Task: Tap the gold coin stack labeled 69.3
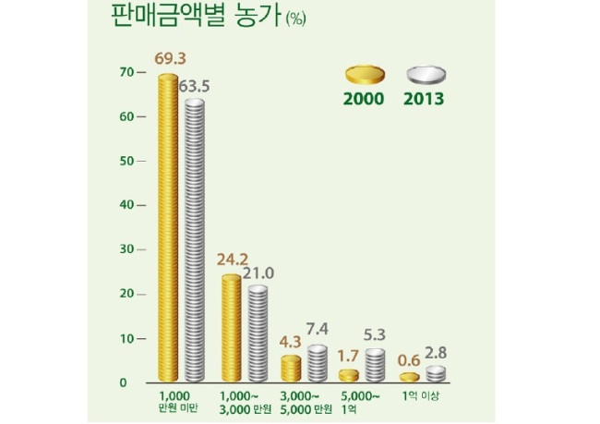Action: [x=168, y=227]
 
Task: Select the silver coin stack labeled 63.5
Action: [x=195, y=240]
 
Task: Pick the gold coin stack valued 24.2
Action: [x=232, y=328]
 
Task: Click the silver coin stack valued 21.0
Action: [x=258, y=333]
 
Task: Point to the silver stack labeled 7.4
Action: [x=318, y=363]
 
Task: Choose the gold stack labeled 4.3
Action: [x=291, y=369]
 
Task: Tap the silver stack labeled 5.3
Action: [x=375, y=365]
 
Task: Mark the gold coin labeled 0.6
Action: [x=410, y=377]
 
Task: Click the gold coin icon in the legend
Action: [x=365, y=74]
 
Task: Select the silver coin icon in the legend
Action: [x=426, y=74]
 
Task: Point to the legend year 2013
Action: [x=424, y=99]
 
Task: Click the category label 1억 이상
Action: [x=420, y=395]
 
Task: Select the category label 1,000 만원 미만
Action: [x=177, y=402]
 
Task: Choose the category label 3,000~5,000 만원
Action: [x=306, y=403]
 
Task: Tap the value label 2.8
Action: [x=436, y=353]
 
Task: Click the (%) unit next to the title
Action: [x=295, y=18]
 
